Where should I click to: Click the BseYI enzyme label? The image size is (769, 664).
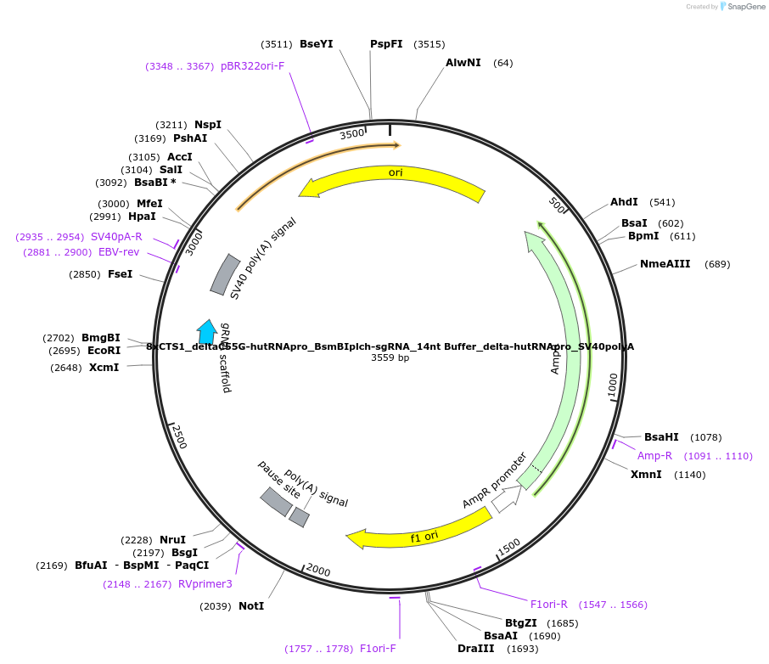coord(317,44)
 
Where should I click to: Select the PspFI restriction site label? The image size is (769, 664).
coord(386,44)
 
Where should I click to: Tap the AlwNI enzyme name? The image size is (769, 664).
coord(463,63)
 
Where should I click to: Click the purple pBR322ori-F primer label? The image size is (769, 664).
coord(252,66)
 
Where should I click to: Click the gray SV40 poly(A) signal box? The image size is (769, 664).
coord(225,274)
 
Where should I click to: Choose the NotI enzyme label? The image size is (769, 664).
coord(250,606)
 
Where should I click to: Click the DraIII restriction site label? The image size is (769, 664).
coord(474,649)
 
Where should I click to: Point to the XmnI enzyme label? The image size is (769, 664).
coord(646,475)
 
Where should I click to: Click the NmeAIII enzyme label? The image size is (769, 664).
coord(665,264)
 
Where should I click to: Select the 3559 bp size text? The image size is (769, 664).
coord(390,358)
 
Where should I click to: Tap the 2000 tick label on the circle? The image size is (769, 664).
coord(317,570)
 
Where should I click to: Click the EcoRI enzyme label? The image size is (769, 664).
coord(104,351)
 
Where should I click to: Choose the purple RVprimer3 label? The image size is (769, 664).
coord(205,584)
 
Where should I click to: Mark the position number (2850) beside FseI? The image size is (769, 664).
coord(85,274)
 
